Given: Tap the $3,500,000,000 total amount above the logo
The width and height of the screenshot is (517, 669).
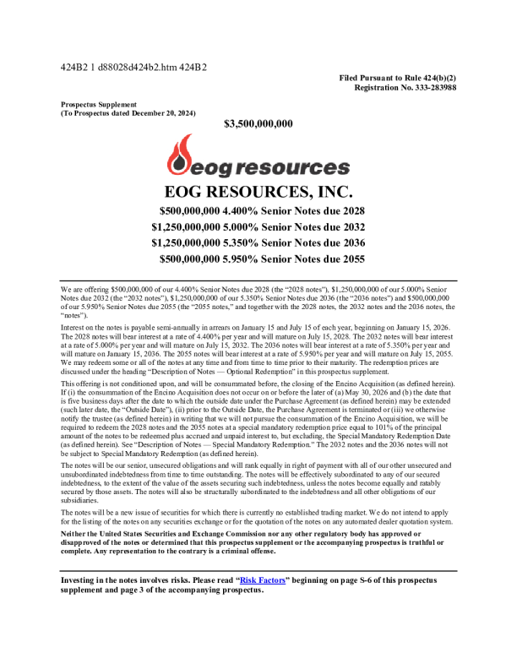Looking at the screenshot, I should point(258,123).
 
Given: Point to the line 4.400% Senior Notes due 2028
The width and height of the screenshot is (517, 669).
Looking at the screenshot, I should point(262,210).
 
